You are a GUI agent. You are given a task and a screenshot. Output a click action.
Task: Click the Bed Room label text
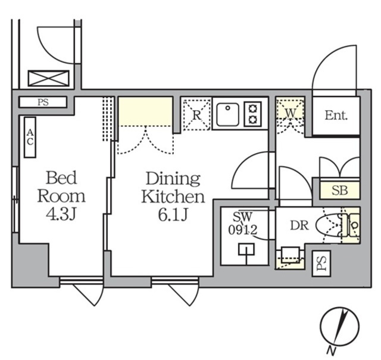point(61,187)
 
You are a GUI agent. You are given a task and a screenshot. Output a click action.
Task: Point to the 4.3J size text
point(61,214)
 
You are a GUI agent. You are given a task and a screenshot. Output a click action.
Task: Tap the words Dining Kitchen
point(173,187)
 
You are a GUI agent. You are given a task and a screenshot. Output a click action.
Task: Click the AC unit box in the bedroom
point(30,137)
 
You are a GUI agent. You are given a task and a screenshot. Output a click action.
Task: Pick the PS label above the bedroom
point(43,103)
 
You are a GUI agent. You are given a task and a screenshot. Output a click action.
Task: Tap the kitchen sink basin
point(227,114)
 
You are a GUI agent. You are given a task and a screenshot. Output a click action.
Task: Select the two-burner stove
point(253,114)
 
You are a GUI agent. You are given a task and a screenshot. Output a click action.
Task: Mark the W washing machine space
point(290,111)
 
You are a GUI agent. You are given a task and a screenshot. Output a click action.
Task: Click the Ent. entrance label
point(336,116)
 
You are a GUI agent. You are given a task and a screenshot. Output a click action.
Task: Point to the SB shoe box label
point(339,191)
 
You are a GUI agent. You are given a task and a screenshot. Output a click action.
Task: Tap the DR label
point(299,225)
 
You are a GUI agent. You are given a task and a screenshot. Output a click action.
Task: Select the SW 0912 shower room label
point(245,222)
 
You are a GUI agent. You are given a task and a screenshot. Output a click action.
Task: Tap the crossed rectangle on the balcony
point(49,79)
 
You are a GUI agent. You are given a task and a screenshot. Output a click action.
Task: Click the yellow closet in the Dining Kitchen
point(145,111)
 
